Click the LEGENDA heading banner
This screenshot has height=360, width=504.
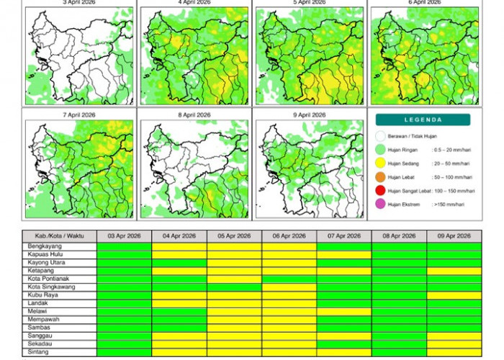(x=423, y=120)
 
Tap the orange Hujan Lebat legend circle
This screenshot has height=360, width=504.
(x=380, y=176)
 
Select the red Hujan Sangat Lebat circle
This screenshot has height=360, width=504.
(x=380, y=190)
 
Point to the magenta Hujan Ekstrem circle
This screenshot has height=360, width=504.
(x=380, y=204)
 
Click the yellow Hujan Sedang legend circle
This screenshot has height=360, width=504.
(x=380, y=163)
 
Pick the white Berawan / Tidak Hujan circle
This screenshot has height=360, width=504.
(x=380, y=135)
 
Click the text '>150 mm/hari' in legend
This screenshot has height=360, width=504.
(x=448, y=204)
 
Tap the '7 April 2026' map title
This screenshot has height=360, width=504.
(x=80, y=114)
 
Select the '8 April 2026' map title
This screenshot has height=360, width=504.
(x=194, y=114)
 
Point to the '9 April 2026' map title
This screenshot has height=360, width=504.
(x=310, y=114)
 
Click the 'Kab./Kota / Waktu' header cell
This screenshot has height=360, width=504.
(x=60, y=236)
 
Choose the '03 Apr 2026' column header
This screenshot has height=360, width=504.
(x=124, y=236)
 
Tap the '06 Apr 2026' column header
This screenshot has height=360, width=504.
(x=289, y=236)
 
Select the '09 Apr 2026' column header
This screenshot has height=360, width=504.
(x=454, y=236)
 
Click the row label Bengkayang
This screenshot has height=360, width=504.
(x=44, y=246)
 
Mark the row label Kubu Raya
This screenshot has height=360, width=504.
(x=42, y=295)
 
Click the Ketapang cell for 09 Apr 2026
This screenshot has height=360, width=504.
(x=454, y=271)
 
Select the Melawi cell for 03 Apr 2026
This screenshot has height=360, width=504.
(x=124, y=311)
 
